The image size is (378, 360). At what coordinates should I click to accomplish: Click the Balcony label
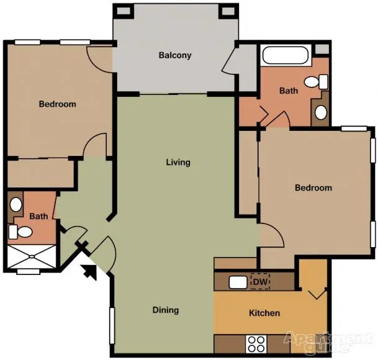[x=175, y=55]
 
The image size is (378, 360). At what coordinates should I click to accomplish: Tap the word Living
[x=178, y=162]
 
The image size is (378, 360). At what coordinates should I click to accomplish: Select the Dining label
[x=166, y=310]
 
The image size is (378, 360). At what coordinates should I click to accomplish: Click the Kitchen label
[x=264, y=313]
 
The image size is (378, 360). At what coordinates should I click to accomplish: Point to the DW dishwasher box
[x=260, y=281]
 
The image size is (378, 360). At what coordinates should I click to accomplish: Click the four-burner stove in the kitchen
[x=256, y=344]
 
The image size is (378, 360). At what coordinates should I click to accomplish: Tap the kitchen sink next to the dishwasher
[x=238, y=282]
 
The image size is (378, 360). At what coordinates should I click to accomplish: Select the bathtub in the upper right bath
[x=286, y=55]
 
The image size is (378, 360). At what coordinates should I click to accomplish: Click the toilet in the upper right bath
[x=316, y=82]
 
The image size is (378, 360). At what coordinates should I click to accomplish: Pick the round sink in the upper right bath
[x=321, y=112]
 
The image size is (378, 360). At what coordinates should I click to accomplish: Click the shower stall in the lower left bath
[x=32, y=256]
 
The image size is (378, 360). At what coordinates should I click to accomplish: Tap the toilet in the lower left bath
[x=20, y=232]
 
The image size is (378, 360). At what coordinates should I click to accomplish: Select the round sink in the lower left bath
[x=16, y=204]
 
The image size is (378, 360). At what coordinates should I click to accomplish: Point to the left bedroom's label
[x=57, y=104]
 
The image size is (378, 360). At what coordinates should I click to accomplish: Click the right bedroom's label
[x=313, y=188]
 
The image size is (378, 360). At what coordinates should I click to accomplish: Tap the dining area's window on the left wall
[x=112, y=325]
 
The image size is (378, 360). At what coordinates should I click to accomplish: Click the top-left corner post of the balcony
[x=124, y=11]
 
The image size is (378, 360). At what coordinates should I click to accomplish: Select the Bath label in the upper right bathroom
[x=289, y=91]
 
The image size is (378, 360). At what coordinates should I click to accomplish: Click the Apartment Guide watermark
[x=328, y=342]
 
